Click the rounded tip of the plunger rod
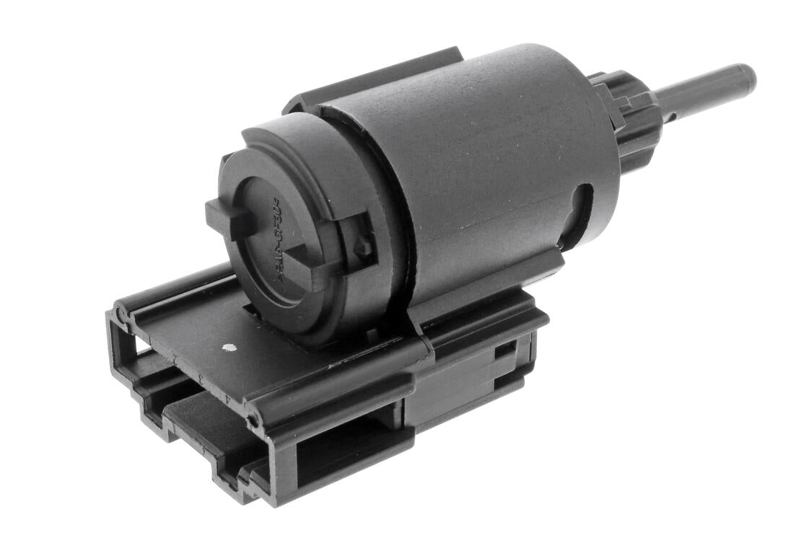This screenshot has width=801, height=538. coord(746,74)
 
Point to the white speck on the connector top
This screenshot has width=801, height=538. coord(229,348)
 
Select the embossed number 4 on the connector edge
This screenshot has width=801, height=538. coord(227,397)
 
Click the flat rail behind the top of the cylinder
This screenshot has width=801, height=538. coord(375,79)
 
